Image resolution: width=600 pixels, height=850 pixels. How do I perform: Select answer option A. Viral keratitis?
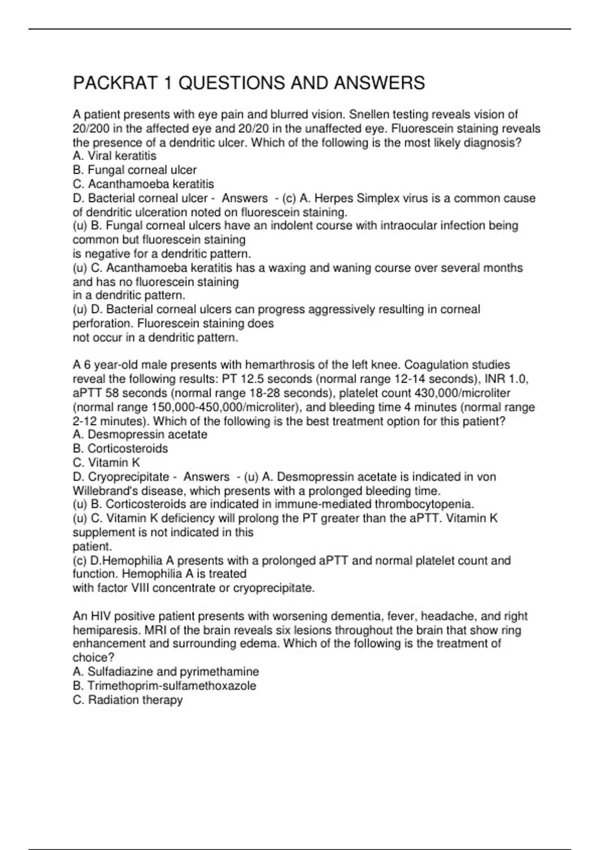click(114, 156)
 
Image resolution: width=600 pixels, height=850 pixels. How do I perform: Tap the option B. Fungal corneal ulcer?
click(134, 170)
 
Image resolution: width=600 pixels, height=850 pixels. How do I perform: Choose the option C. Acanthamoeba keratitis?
click(143, 184)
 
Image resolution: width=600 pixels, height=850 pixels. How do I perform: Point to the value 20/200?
click(91, 128)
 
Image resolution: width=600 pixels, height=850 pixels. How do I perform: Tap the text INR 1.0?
click(506, 379)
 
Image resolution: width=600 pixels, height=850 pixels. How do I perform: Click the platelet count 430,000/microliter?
click(462, 393)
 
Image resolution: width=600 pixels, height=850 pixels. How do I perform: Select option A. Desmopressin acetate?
click(140, 434)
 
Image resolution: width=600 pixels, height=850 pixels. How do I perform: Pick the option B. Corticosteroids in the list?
click(120, 448)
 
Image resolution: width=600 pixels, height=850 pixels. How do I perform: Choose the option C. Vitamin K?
click(106, 462)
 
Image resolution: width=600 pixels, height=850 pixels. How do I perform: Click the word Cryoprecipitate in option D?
click(128, 477)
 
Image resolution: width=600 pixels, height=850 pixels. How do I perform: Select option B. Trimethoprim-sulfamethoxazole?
click(164, 685)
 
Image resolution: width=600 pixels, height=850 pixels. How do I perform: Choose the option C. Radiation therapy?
click(127, 699)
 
